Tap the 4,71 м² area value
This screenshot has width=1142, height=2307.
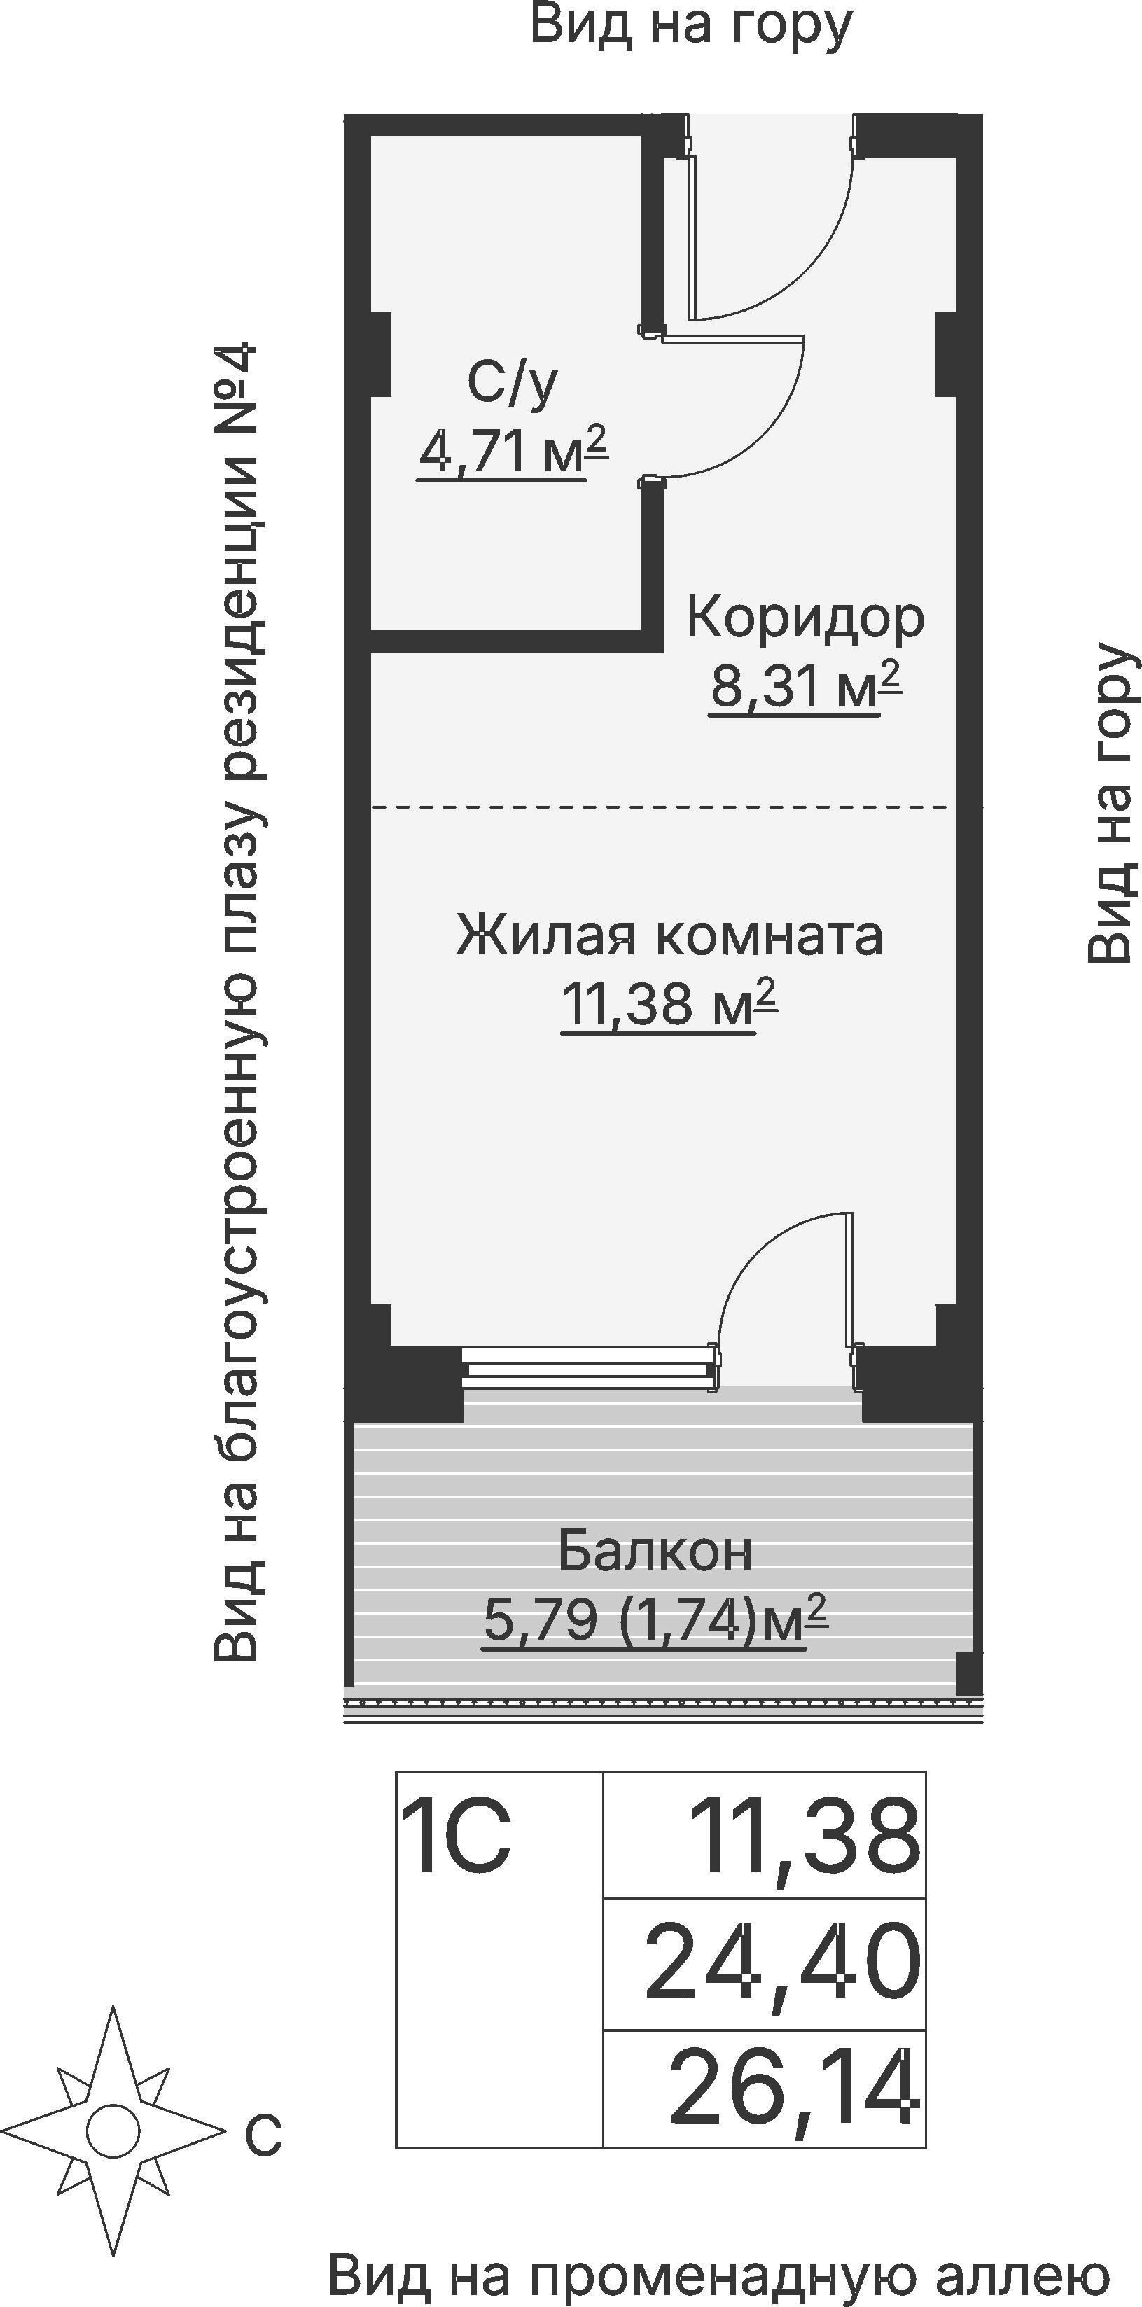click(x=511, y=452)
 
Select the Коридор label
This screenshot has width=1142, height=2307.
click(x=805, y=618)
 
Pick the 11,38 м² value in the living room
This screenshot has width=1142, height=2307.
click(x=668, y=1003)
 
